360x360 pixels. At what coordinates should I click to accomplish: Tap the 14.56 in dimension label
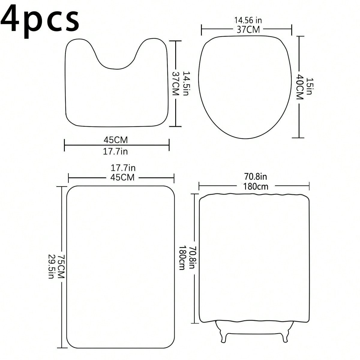point(248,20)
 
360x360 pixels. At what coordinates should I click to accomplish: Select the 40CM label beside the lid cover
point(300,87)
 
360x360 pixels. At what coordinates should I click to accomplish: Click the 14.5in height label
point(185,83)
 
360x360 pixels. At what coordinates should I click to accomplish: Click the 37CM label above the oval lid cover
point(248,30)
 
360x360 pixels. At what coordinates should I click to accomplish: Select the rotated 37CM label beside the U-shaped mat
point(175,83)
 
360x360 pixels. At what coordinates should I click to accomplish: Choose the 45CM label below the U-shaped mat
point(116,140)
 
